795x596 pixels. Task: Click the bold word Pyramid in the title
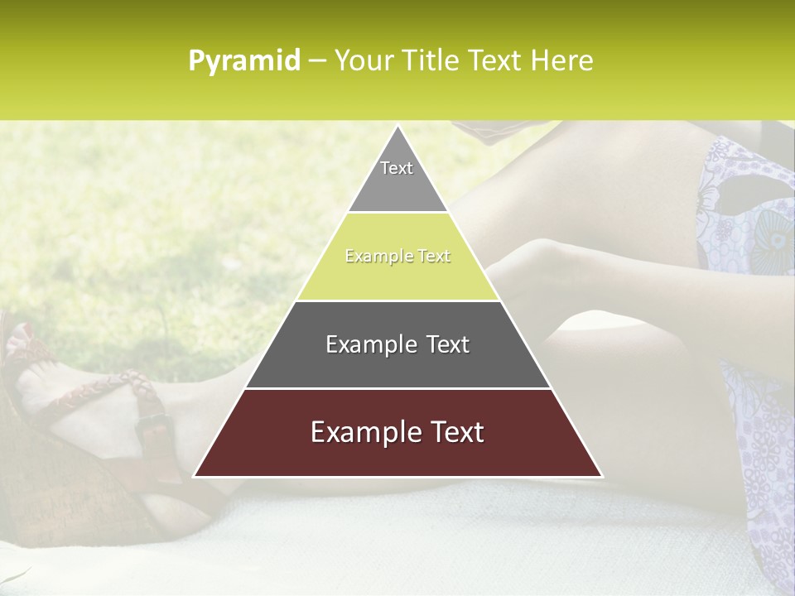[244, 61]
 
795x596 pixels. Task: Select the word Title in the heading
[428, 61]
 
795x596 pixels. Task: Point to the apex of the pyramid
[397, 127]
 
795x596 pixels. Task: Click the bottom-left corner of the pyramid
[195, 475]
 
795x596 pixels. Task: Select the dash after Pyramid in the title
[316, 61]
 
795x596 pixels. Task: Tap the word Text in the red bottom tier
[453, 433]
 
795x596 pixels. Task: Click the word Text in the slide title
[497, 61]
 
